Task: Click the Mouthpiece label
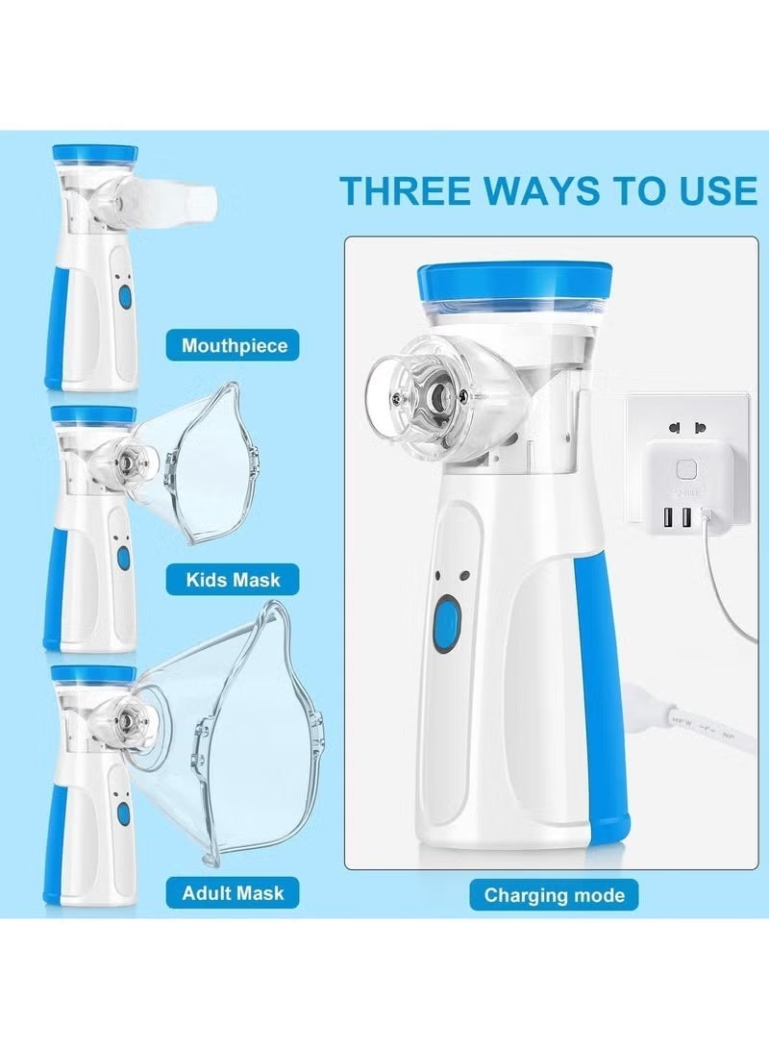click(233, 345)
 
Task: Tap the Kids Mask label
click(233, 580)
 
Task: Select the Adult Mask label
click(233, 892)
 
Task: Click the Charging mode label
click(554, 895)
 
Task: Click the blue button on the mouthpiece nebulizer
click(124, 297)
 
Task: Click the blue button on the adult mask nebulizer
click(123, 812)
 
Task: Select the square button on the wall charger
click(686, 470)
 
